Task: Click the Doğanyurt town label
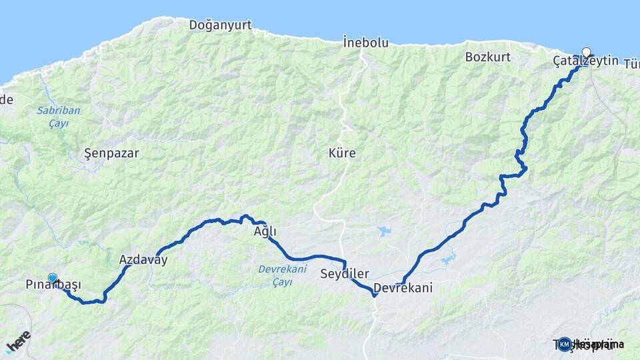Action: pyautogui.click(x=220, y=25)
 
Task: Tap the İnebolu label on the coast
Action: pyautogui.click(x=365, y=43)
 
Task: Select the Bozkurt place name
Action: pyautogui.click(x=488, y=57)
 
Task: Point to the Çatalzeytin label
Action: pyautogui.click(x=585, y=61)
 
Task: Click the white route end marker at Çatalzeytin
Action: pyautogui.click(x=587, y=52)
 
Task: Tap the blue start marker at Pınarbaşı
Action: pyautogui.click(x=53, y=278)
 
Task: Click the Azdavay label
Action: pyautogui.click(x=143, y=260)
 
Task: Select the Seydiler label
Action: pyautogui.click(x=344, y=274)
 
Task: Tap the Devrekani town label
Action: pyautogui.click(x=403, y=289)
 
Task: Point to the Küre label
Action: pyautogui.click(x=342, y=153)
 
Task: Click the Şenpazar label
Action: pyautogui.click(x=112, y=153)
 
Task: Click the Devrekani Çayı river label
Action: pyautogui.click(x=282, y=275)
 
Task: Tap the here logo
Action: pyautogui.click(x=17, y=341)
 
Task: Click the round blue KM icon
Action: pyautogui.click(x=565, y=344)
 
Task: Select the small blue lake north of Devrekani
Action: pyautogui.click(x=385, y=231)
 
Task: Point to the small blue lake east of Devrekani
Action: pyautogui.click(x=447, y=257)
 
